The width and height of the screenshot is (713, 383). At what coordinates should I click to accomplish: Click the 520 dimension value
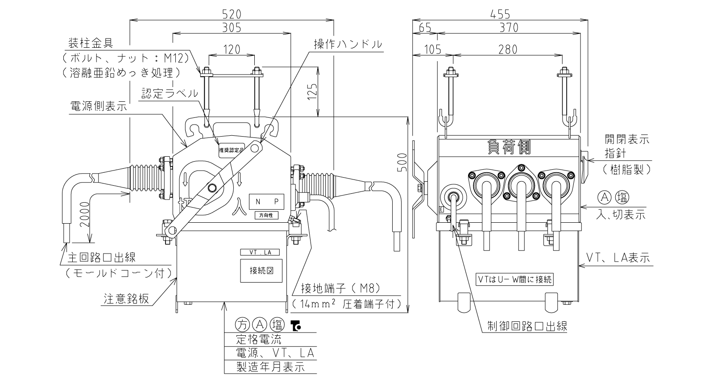pyautogui.click(x=232, y=14)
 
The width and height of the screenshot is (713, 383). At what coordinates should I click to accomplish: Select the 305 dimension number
pyautogui.click(x=232, y=28)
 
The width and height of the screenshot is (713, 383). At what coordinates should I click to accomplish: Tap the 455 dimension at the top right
pyautogui.click(x=500, y=14)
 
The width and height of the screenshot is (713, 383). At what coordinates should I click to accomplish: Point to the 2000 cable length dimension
pyautogui.click(x=85, y=214)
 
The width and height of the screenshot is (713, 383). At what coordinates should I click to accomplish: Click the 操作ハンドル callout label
pyautogui.click(x=348, y=44)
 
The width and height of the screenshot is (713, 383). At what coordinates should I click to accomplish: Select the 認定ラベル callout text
pyautogui.click(x=170, y=93)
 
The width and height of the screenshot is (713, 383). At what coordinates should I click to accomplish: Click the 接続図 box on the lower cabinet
pyautogui.click(x=261, y=271)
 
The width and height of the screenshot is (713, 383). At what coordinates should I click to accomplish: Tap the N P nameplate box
pyautogui.click(x=266, y=201)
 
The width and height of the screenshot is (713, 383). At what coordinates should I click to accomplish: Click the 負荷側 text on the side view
pyautogui.click(x=509, y=147)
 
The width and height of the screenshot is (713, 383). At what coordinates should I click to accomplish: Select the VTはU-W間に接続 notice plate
pyautogui.click(x=514, y=279)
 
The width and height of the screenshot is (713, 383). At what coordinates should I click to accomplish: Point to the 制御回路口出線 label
pyautogui.click(x=527, y=326)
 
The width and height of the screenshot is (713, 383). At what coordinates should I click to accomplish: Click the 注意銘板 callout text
pyautogui.click(x=126, y=299)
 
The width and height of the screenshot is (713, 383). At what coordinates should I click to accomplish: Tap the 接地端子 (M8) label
pyautogui.click(x=341, y=288)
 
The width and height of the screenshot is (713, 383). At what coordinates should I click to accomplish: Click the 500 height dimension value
pyautogui.click(x=402, y=162)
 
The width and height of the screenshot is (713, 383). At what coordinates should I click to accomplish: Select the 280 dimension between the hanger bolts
pyautogui.click(x=508, y=50)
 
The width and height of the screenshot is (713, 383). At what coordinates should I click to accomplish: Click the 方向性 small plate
pyautogui.click(x=266, y=216)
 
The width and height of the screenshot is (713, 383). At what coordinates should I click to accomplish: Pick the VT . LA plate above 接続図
pyautogui.click(x=260, y=253)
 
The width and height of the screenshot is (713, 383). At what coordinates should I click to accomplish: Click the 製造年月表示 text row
pyautogui.click(x=270, y=367)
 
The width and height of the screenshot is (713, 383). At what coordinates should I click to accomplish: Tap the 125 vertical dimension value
pyautogui.click(x=313, y=92)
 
